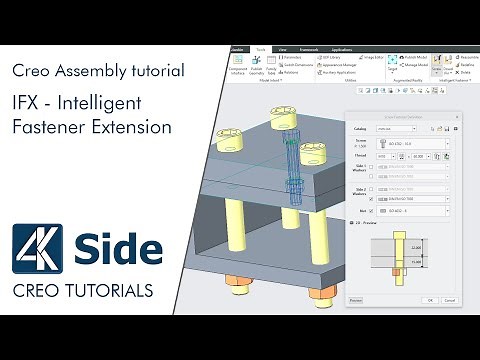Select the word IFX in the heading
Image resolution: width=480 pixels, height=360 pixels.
coord(32,103)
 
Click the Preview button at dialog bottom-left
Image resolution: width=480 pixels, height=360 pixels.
coord(355,299)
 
